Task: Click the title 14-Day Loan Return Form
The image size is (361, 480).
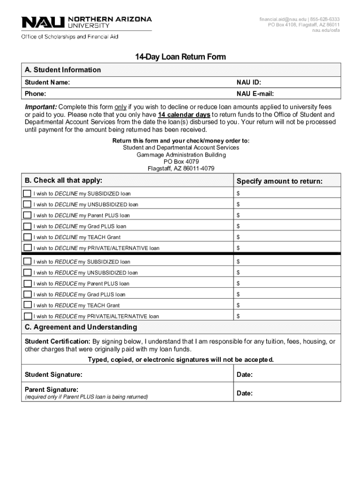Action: [180, 57]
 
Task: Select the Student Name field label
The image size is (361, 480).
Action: [47, 82]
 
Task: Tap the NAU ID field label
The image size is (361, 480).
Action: [249, 82]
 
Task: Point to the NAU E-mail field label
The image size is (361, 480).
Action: [256, 94]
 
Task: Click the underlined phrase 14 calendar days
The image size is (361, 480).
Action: [184, 114]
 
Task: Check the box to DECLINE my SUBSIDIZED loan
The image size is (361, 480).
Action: [28, 193]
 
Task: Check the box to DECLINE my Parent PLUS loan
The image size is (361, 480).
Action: [28, 215]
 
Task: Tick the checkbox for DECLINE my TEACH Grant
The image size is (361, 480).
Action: [28, 237]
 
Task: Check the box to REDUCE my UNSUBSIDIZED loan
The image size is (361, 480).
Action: [28, 272]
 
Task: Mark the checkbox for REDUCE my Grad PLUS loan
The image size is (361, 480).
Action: [28, 294]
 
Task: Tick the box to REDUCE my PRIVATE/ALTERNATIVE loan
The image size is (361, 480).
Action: [28, 316]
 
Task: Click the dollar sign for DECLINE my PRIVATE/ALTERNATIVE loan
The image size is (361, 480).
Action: [238, 248]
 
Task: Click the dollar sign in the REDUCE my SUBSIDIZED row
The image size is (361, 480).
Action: [238, 262]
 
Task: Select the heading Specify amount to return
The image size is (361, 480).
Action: [279, 181]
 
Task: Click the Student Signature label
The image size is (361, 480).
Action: [53, 375]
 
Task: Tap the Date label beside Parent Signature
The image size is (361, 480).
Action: [245, 393]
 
